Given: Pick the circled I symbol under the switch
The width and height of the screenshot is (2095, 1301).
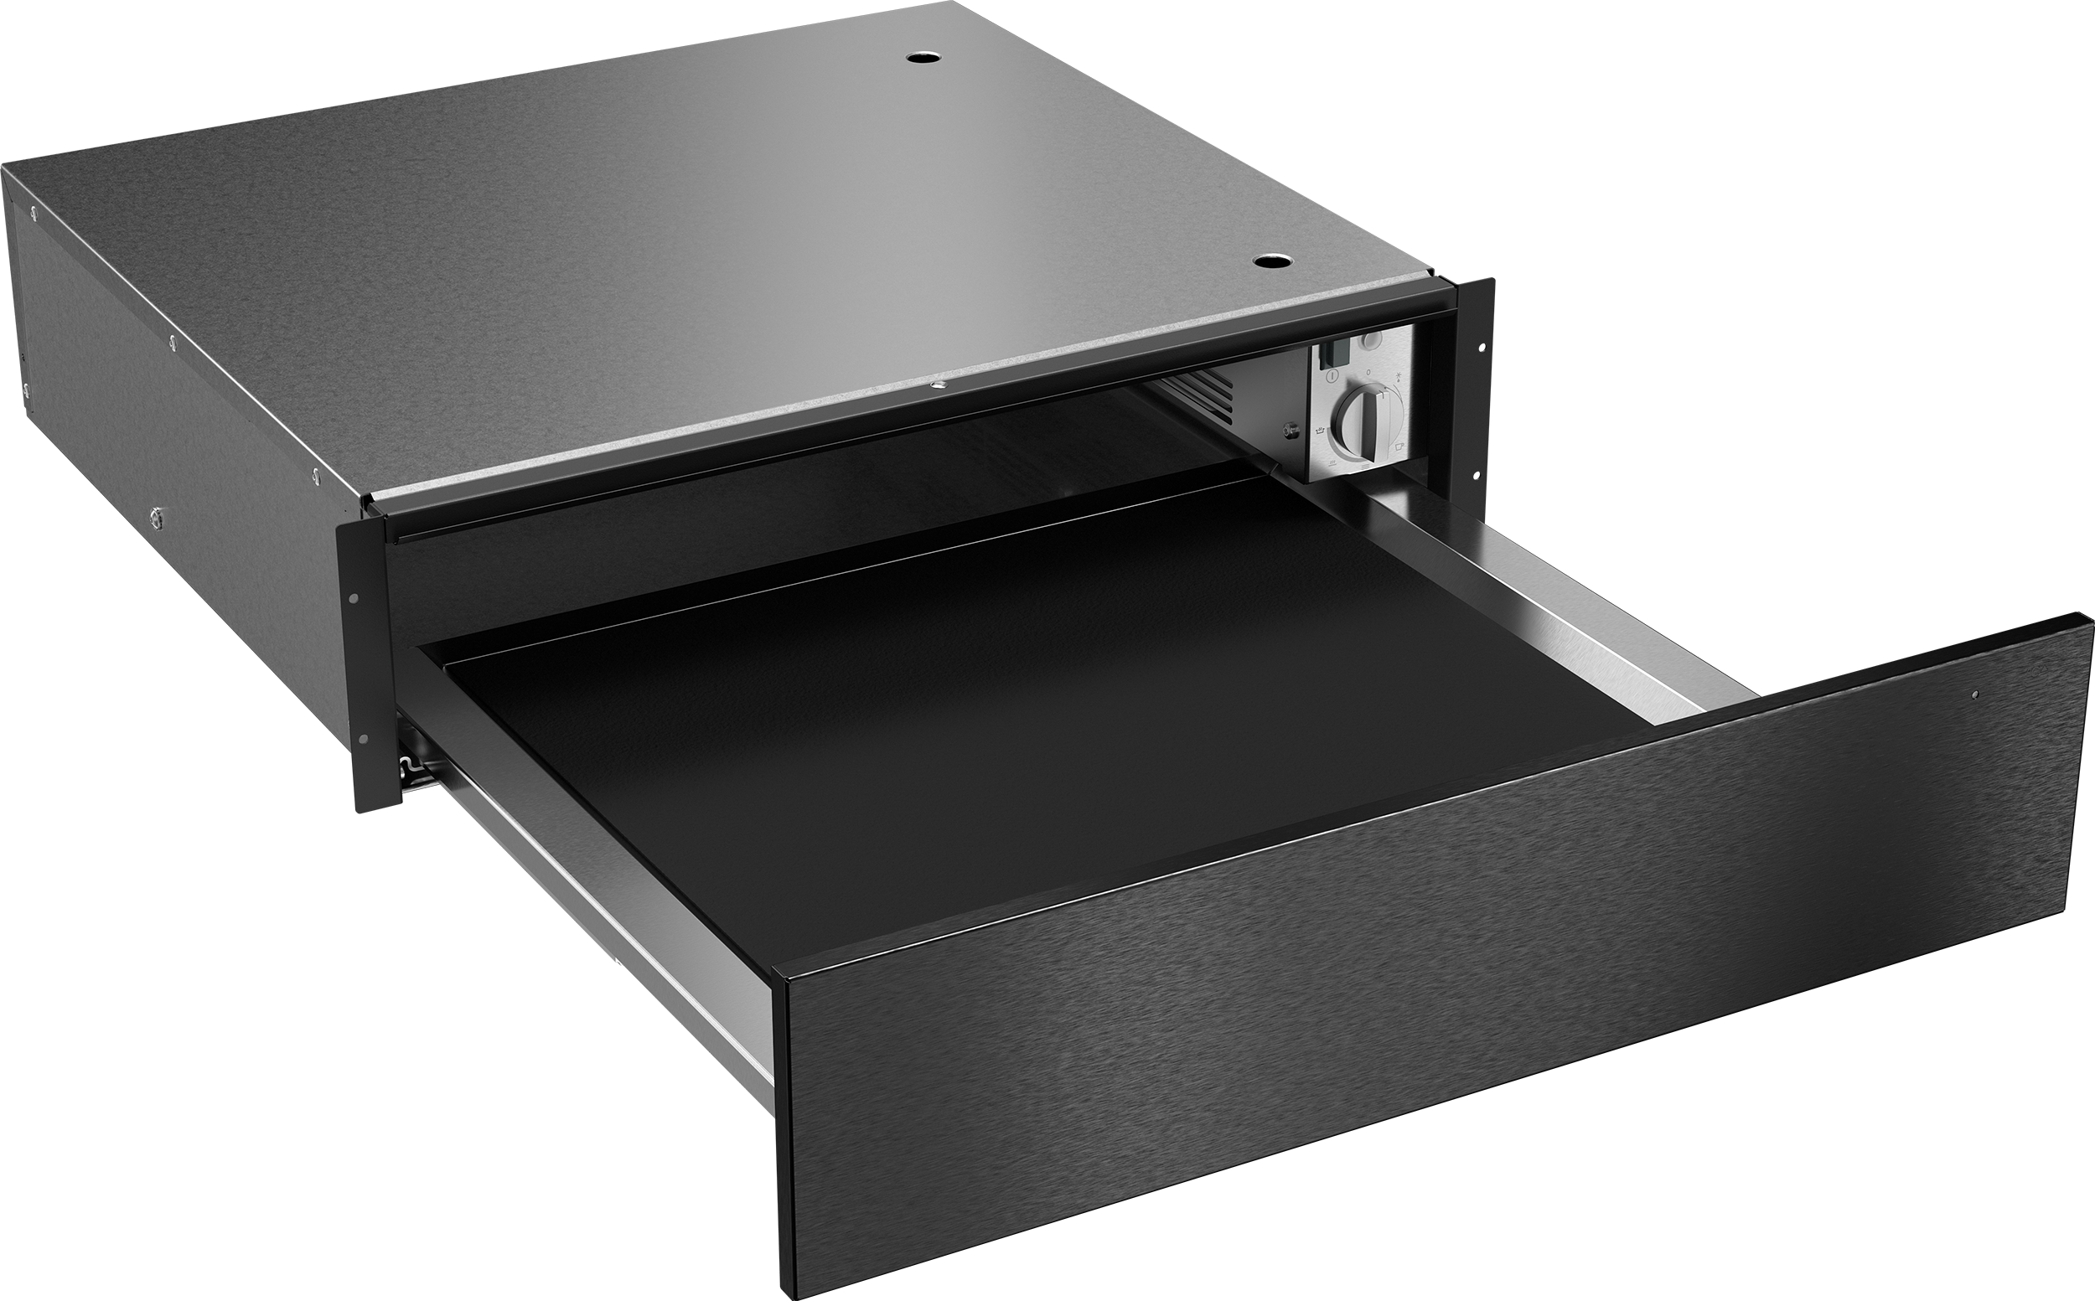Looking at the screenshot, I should click(x=1331, y=377).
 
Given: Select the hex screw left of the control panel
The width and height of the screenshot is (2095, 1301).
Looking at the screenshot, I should click(x=1289, y=430).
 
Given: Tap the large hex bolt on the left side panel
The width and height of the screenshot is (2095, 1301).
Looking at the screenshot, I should click(x=155, y=515).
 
